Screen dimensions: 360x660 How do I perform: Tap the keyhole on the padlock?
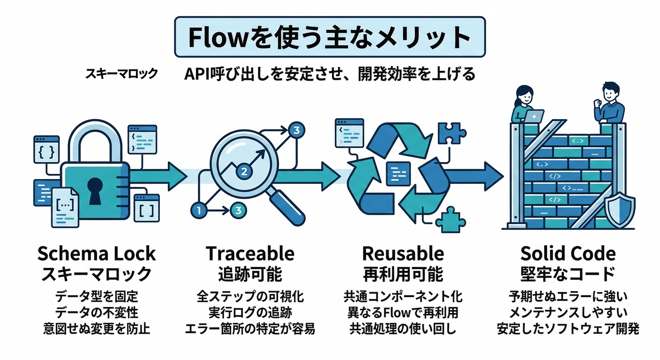(95, 190)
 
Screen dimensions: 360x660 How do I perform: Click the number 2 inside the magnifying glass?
(243, 171)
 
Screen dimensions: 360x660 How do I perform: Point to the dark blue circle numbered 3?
(295, 131)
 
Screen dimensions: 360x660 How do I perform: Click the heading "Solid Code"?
(568, 254)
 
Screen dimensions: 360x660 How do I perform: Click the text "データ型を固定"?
(96, 297)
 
